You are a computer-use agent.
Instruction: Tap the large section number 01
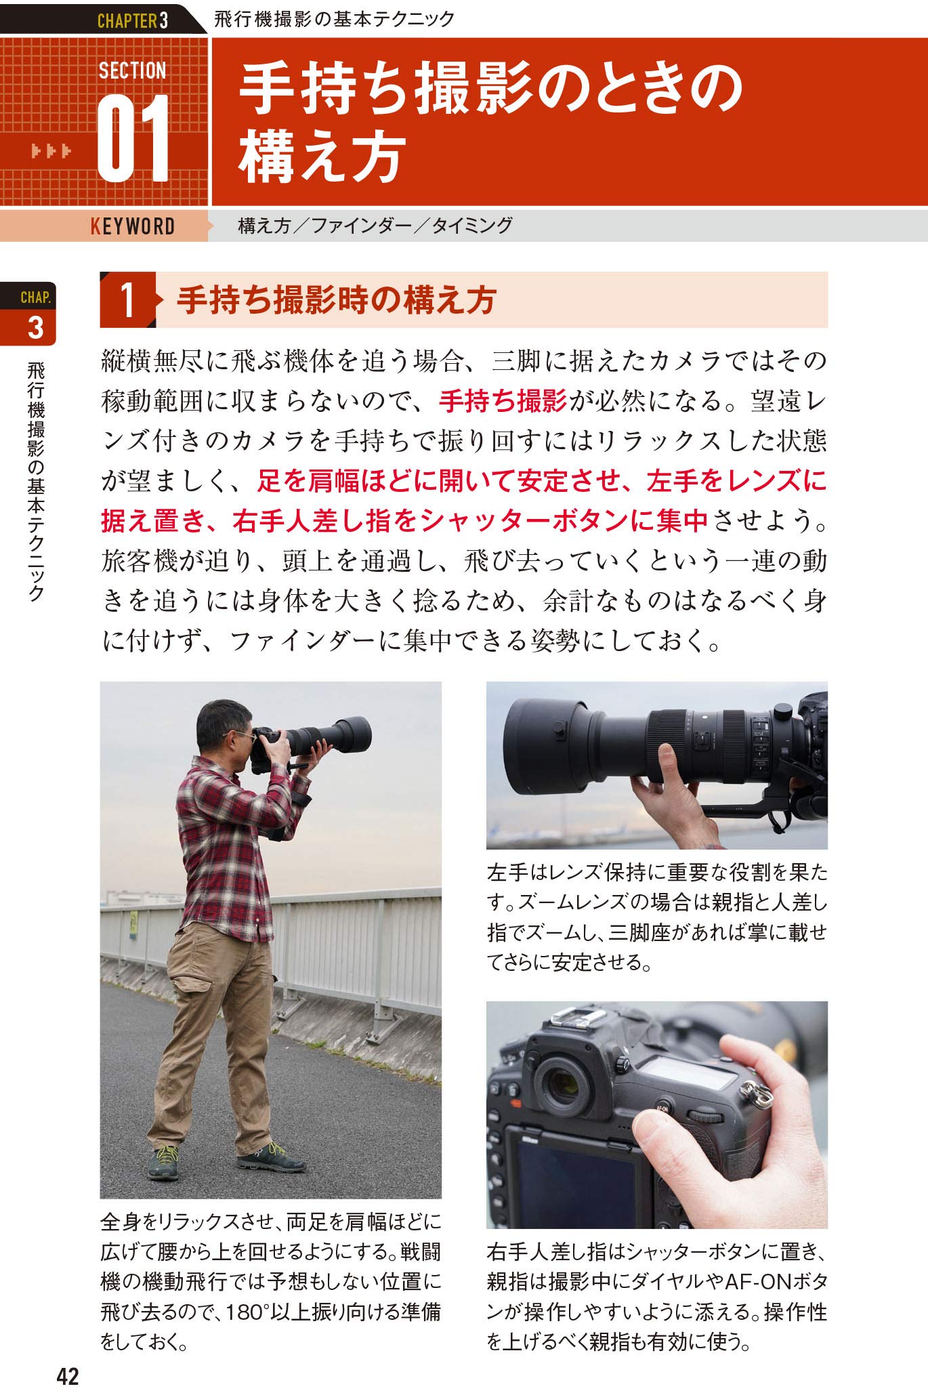(x=133, y=138)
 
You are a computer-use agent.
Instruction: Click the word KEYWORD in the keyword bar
(x=133, y=226)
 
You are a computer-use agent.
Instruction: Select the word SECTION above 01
(x=132, y=70)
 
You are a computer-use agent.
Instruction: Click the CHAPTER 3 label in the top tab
(x=133, y=20)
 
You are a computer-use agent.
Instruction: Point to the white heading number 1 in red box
(x=127, y=300)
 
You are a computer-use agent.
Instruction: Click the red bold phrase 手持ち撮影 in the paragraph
(x=503, y=401)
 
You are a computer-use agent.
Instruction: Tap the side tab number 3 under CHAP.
(x=36, y=328)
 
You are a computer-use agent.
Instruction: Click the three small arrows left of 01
(x=51, y=151)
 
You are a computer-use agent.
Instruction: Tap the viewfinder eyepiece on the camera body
(x=564, y=1085)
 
